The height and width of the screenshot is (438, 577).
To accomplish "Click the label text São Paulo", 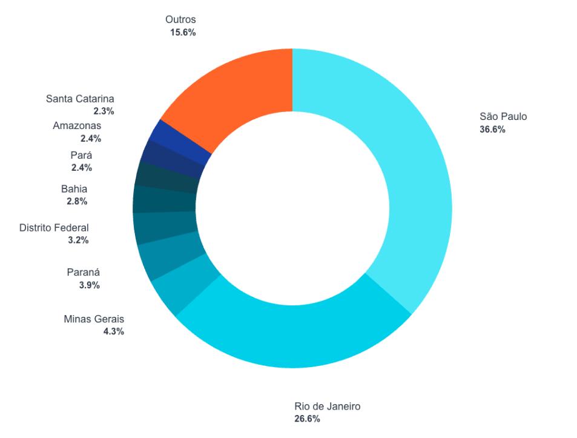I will click(x=503, y=116).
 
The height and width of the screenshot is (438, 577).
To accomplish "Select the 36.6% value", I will click(x=492, y=129).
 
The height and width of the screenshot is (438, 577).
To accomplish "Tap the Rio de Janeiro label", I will click(x=327, y=406).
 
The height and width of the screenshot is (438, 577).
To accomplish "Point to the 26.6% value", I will click(x=308, y=419).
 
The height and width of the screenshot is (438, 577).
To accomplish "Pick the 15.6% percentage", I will click(x=183, y=33).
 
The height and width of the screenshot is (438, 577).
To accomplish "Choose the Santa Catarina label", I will click(x=80, y=99).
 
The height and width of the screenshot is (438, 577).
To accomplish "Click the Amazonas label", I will click(x=77, y=125).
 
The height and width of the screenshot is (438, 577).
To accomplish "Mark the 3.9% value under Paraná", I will click(x=89, y=285).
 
